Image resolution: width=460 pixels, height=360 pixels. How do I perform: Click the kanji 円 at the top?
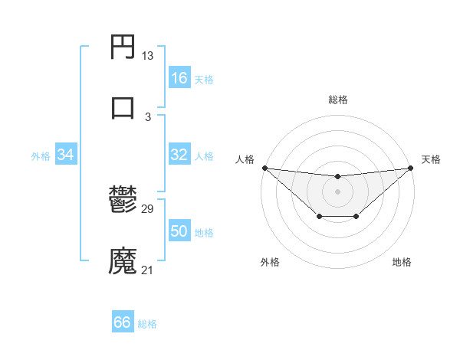[123, 47]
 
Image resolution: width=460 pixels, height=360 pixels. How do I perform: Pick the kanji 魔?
[123, 261]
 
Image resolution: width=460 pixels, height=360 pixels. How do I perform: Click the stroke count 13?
[148, 55]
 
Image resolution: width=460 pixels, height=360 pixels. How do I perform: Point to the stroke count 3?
[148, 116]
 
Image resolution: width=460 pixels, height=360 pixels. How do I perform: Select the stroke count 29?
[148, 209]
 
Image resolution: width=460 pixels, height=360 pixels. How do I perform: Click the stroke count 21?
[148, 270]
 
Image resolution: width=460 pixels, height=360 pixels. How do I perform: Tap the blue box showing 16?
[179, 78]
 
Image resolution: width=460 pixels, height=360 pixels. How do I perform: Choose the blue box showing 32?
[179, 155]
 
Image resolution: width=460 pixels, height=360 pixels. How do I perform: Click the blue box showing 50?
[179, 231]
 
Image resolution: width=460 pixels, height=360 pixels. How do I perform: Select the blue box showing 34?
[66, 155]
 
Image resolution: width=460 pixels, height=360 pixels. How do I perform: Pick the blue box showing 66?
[123, 322]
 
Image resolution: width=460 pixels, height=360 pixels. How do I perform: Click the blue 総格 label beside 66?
[147, 324]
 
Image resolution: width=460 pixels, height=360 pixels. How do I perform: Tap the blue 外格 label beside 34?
[41, 156]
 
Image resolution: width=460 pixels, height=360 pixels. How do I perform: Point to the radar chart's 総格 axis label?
[337, 100]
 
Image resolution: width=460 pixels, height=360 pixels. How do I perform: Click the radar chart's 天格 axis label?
[431, 159]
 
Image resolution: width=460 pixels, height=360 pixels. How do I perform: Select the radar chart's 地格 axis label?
[402, 262]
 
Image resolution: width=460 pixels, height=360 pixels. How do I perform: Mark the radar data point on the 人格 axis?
[264, 168]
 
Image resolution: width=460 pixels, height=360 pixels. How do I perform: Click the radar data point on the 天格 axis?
[410, 168]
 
